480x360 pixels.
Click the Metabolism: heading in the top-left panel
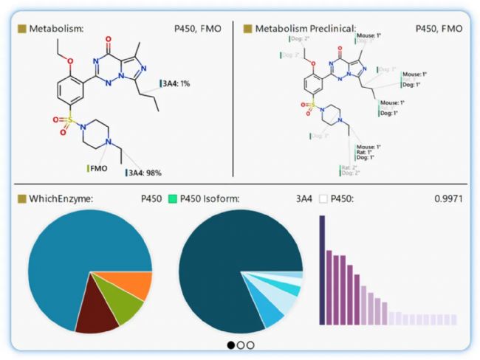pos(56,29)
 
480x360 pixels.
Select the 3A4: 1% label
pos(176,84)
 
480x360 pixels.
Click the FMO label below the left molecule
pos(98,168)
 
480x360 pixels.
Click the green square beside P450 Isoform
pos(173,198)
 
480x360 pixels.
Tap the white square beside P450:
pos(323,198)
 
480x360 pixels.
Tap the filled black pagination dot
pos(231,344)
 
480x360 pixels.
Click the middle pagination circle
pos(241,344)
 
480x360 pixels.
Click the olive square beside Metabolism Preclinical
pos(247,29)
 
